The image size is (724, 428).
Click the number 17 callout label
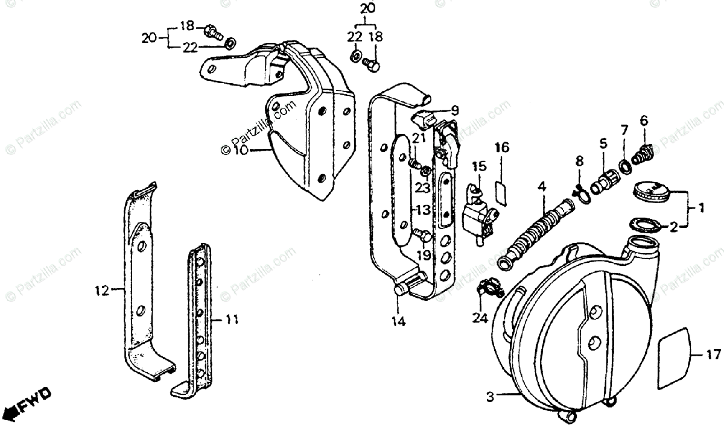tap(713, 355)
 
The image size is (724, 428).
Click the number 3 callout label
tap(491, 397)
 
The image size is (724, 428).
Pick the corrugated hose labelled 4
tap(535, 229)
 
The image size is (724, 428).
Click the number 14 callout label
tap(398, 322)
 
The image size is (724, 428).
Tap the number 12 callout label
tap(102, 291)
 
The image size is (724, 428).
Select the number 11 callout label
tap(231, 319)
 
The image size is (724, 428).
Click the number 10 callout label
tap(240, 150)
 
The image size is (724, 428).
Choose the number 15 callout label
tap(479, 165)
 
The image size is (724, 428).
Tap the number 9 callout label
tap(454, 110)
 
